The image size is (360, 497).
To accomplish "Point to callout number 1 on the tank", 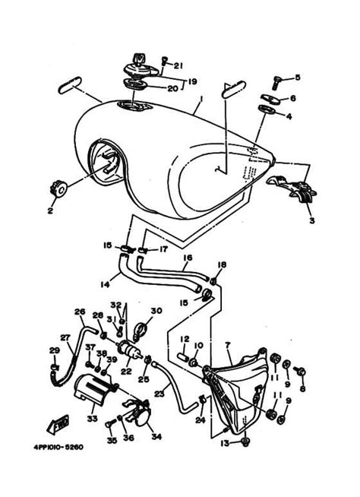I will pyautogui.click(x=200, y=98).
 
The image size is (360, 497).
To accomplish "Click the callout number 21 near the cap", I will pyautogui.click(x=178, y=65).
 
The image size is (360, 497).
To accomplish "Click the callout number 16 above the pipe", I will pyautogui.click(x=188, y=258).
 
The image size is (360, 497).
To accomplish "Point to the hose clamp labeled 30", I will pyautogui.click(x=139, y=329).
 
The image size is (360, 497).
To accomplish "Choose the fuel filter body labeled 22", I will pyautogui.click(x=128, y=352).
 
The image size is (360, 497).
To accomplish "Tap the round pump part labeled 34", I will pyautogui.click(x=141, y=416).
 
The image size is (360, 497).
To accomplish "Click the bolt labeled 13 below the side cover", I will pyautogui.click(x=245, y=441).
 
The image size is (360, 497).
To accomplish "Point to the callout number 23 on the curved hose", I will pyautogui.click(x=160, y=394).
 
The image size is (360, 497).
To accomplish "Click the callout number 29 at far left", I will pyautogui.click(x=54, y=350).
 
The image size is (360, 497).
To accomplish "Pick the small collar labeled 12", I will pyautogui.click(x=183, y=356).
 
